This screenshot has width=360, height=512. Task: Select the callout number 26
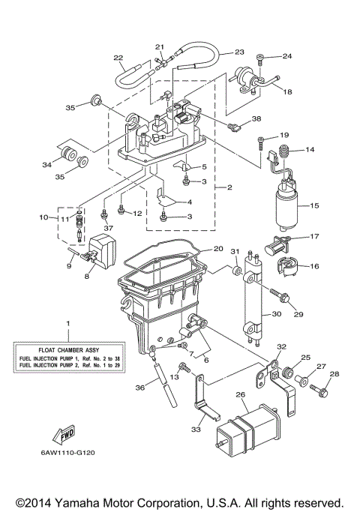240,396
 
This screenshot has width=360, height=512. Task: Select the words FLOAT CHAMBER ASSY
67,349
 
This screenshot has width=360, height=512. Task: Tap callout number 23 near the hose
238,52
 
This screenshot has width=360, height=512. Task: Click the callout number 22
118,57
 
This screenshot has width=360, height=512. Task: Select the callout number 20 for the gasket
217,248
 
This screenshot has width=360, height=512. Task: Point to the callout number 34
46,166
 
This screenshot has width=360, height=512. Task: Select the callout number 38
256,118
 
